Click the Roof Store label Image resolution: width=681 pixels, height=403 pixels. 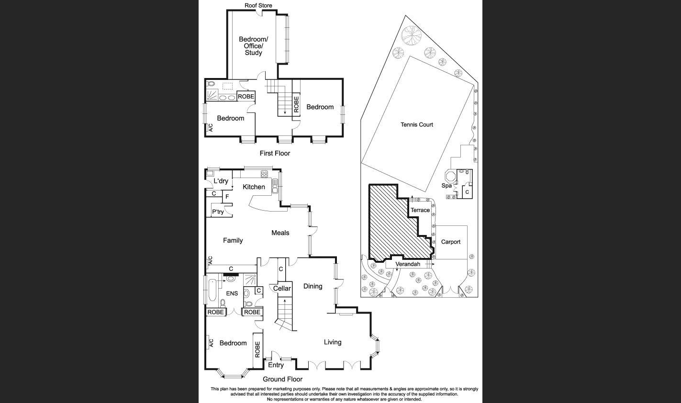pyautogui.click(x=258, y=6)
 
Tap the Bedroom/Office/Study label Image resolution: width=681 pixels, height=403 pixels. pyautogui.click(x=253, y=46)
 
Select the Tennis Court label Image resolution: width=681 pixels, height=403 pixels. pyautogui.click(x=417, y=124)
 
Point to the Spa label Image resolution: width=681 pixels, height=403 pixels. pyautogui.click(x=447, y=186)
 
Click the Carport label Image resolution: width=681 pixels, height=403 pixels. pyautogui.click(x=450, y=242)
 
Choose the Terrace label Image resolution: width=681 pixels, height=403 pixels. pyautogui.click(x=420, y=211)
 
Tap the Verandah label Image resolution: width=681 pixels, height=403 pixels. pyautogui.click(x=408, y=264)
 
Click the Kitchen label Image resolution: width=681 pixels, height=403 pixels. pyautogui.click(x=254, y=187)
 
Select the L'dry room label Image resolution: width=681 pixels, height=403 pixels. pyautogui.click(x=221, y=181)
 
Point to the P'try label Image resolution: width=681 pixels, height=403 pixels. pyautogui.click(x=218, y=212)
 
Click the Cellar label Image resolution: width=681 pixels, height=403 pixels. pyautogui.click(x=282, y=288)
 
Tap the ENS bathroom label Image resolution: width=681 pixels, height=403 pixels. pyautogui.click(x=232, y=293)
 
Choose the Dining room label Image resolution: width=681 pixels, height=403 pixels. pyautogui.click(x=313, y=286)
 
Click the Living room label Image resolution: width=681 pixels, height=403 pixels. pyautogui.click(x=333, y=342)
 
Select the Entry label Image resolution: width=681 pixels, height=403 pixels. pyautogui.click(x=276, y=365)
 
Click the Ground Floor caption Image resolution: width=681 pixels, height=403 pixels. pyautogui.click(x=282, y=380)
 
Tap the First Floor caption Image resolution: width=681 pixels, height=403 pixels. pyautogui.click(x=275, y=154)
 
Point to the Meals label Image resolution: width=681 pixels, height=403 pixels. pyautogui.click(x=280, y=233)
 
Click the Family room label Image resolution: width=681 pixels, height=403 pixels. pyautogui.click(x=233, y=241)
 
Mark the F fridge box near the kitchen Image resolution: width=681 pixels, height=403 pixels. pyautogui.click(x=227, y=197)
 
